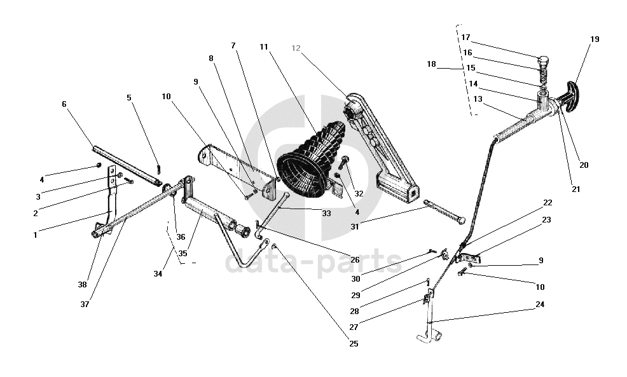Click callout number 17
(x=466, y=37)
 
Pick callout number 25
(x=354, y=344)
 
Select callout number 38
(x=82, y=285)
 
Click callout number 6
(x=64, y=104)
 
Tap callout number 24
(x=540, y=305)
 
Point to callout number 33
(x=326, y=214)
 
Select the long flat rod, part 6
(x=127, y=167)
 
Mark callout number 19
(x=595, y=39)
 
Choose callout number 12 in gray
(x=296, y=48)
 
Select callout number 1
(x=36, y=235)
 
